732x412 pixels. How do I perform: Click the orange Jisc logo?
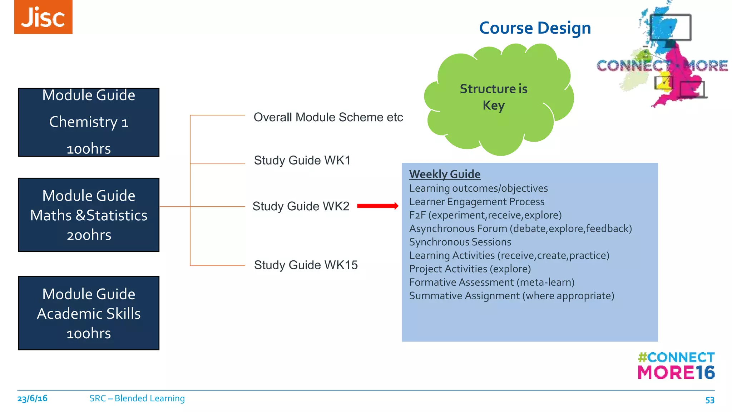(x=43, y=17)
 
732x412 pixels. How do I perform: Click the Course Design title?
(x=535, y=28)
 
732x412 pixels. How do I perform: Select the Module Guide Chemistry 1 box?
(x=89, y=122)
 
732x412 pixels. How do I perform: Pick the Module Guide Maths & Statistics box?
(x=89, y=215)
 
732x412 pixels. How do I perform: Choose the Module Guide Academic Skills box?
(x=89, y=313)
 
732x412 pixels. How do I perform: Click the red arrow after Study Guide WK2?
(x=377, y=206)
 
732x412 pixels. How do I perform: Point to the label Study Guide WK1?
(x=302, y=160)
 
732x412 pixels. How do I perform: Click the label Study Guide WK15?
(x=306, y=265)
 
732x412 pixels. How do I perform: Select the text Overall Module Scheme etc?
(x=328, y=117)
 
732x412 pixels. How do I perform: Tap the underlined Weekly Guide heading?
(x=445, y=174)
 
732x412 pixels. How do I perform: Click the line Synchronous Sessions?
(x=460, y=242)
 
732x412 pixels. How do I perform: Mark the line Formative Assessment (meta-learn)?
(x=491, y=283)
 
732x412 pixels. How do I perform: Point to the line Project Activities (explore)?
(x=470, y=269)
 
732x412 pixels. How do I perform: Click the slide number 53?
(x=709, y=400)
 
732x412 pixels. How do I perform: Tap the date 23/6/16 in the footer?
(x=32, y=398)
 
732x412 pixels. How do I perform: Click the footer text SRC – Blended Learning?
(x=137, y=398)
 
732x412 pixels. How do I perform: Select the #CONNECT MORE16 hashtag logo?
(x=676, y=366)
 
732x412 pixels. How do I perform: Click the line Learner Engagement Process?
(x=476, y=202)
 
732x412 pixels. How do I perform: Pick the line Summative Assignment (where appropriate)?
(x=511, y=296)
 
